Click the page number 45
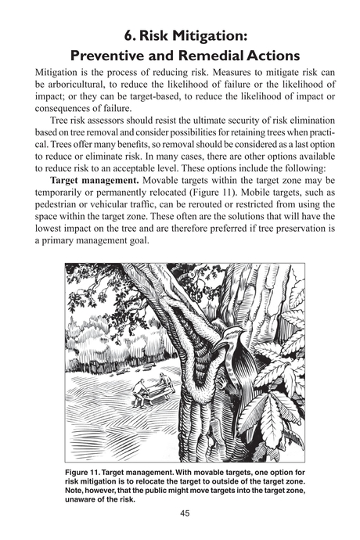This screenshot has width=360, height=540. tap(180, 513)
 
